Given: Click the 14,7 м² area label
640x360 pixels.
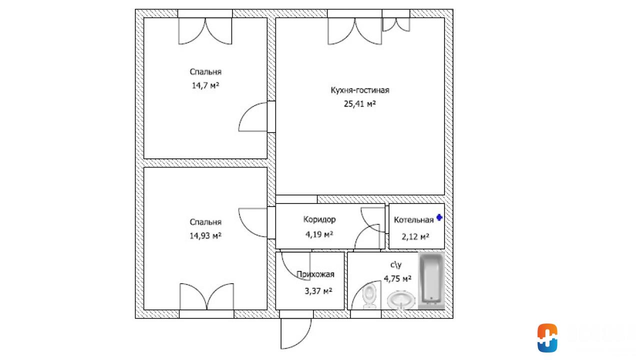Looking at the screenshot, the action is [205, 85].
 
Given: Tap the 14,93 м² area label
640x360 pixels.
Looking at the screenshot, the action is [205, 235].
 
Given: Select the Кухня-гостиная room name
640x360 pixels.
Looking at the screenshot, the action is [360, 90].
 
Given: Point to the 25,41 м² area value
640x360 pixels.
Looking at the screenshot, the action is [359, 103].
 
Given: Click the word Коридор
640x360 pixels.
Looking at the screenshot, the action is [319, 219].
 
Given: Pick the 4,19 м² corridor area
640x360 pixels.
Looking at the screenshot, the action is [319, 234].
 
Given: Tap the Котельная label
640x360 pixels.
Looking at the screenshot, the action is [413, 220].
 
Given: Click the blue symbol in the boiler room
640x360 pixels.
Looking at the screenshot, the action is [439, 217].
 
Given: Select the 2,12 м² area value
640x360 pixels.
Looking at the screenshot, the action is [415, 236].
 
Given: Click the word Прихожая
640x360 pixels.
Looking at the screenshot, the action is [315, 274].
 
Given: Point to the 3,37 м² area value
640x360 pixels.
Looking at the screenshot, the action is [318, 291].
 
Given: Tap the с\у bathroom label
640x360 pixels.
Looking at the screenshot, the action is [396, 265].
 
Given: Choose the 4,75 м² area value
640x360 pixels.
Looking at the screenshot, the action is [397, 278].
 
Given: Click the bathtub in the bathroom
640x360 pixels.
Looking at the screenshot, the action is [431, 280].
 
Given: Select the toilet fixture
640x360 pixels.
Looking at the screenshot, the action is [369, 296].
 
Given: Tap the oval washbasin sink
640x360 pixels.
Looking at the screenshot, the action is [401, 300].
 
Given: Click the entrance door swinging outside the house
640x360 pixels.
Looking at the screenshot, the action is [296, 333].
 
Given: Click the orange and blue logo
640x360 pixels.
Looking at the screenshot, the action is [547, 337].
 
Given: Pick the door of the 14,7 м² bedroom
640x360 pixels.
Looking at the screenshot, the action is [253, 117].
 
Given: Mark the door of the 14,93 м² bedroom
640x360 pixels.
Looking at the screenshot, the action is [253, 222].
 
